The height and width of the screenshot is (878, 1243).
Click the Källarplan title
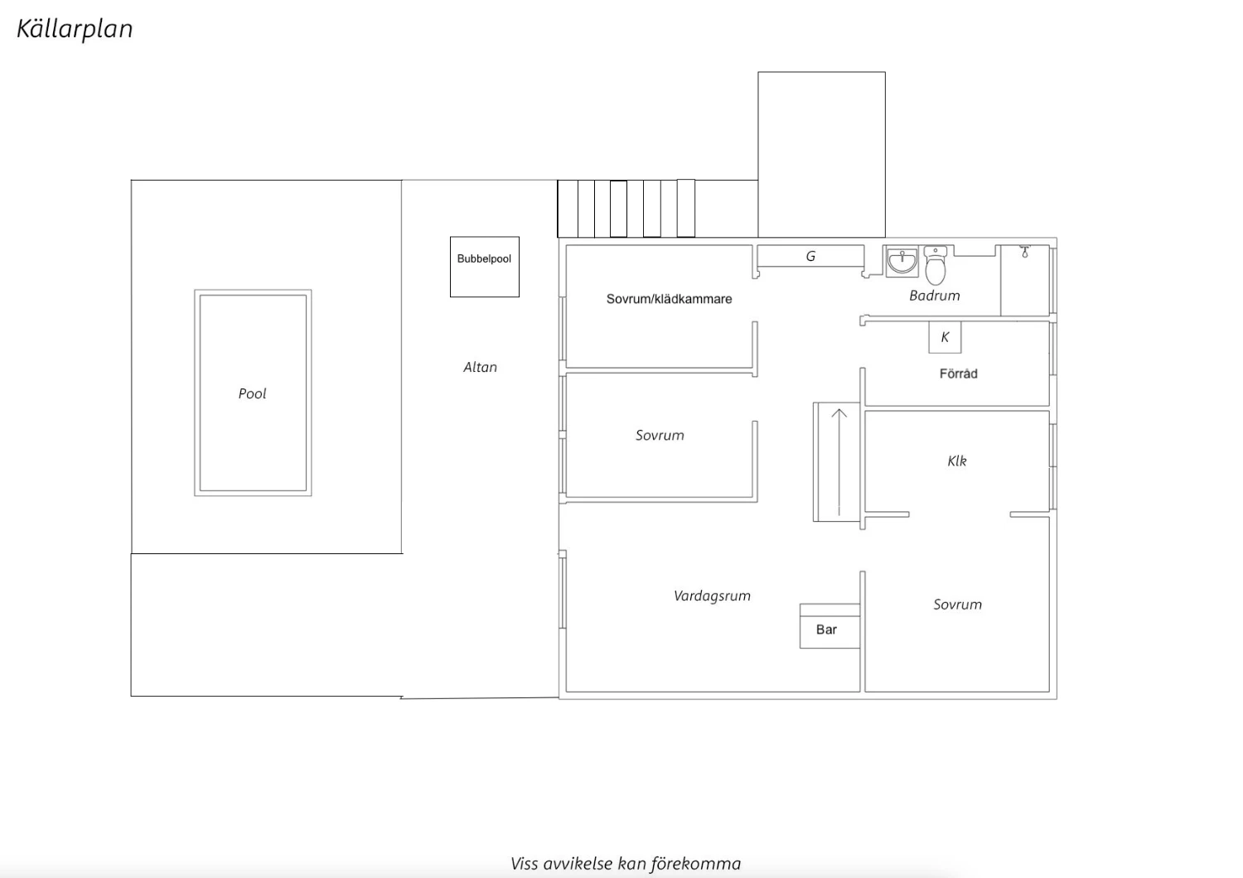click(75, 29)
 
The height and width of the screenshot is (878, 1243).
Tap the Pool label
click(253, 393)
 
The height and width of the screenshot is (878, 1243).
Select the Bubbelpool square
click(485, 267)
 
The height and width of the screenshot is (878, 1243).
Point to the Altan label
click(480, 367)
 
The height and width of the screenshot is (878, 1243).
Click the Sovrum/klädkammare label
click(669, 299)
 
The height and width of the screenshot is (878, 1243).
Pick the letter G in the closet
click(810, 256)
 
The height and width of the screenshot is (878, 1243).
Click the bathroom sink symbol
click(902, 261)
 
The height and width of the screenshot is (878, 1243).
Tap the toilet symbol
click(936, 266)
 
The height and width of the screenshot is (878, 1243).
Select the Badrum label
click(935, 296)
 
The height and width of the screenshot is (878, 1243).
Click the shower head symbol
click(1024, 251)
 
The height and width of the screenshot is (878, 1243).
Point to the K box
click(945, 336)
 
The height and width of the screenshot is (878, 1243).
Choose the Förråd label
click(958, 374)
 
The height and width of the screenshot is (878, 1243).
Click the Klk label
click(957, 461)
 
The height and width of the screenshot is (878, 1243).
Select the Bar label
click(826, 630)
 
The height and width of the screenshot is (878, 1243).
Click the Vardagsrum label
click(712, 596)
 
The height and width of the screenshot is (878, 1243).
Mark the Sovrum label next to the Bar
click(957, 605)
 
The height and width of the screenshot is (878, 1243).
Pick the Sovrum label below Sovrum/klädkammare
click(660, 436)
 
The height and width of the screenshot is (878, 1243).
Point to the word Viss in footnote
click(524, 864)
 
